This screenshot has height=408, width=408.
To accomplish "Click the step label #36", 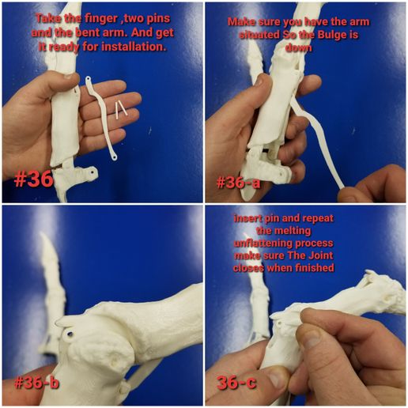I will click(x=33, y=179).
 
